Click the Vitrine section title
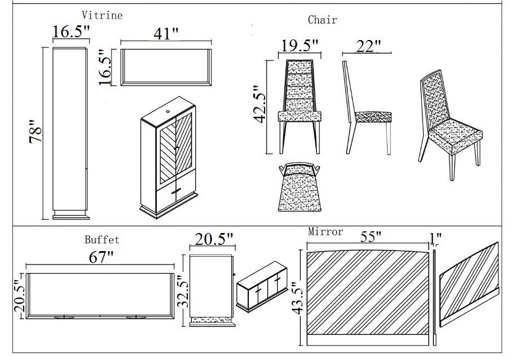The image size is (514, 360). pos(102,15)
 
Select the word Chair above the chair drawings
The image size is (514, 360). pos(322,20)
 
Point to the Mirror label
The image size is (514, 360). pos(326,232)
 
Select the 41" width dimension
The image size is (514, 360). pos(165,33)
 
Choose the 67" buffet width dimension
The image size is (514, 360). pos(101,257)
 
